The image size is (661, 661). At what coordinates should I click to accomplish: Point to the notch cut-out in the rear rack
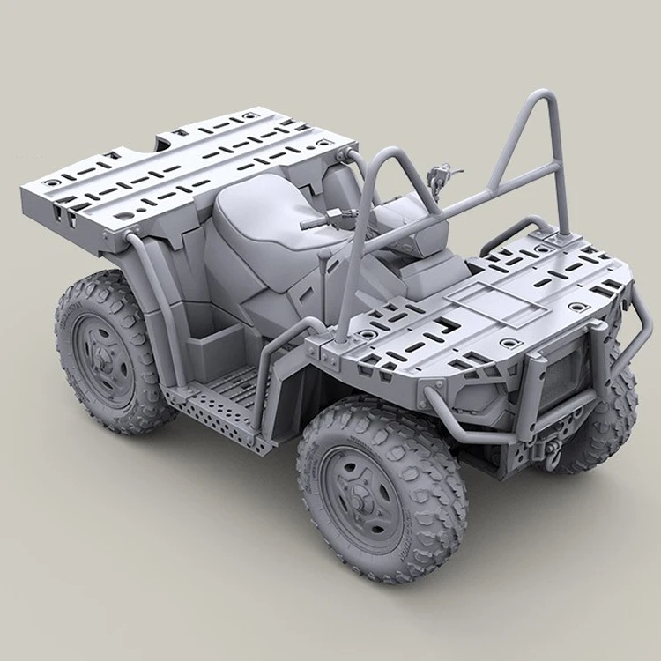[173, 140]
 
